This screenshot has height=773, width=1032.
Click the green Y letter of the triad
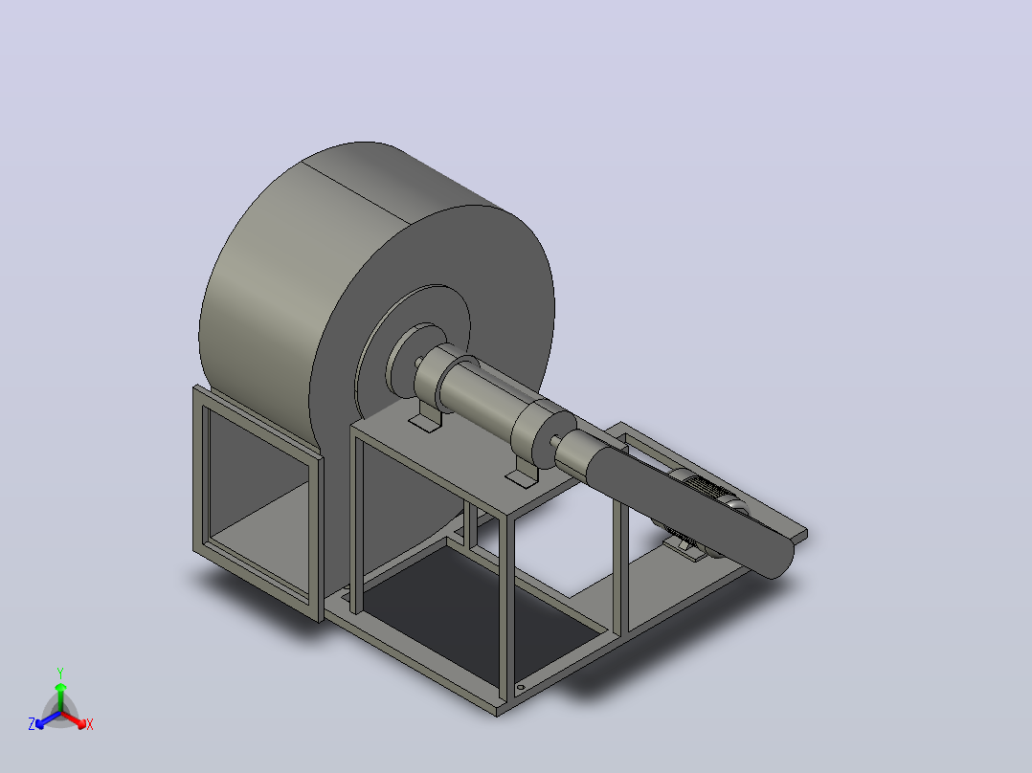pos(60,673)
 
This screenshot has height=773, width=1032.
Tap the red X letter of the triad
pos(90,724)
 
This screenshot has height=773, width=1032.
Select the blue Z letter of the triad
pos(32,724)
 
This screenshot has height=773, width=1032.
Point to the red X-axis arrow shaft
pos(71,718)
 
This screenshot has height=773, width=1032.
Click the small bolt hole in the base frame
pos(520,688)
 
